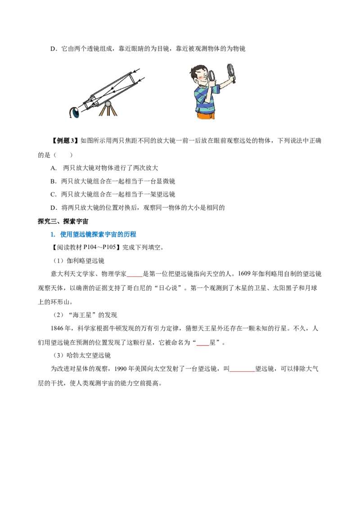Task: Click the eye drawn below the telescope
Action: pos(75,112)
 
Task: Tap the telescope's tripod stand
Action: pos(108,109)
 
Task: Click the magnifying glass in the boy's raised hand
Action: pos(231,73)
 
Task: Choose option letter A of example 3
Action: pos(54,168)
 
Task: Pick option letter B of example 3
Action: pos(53,181)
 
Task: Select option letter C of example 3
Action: pos(53,194)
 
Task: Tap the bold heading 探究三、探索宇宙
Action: pos(63,221)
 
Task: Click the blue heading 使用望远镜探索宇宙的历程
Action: pos(98,234)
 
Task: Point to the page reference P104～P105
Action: pos(99,247)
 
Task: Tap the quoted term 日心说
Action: pos(168,288)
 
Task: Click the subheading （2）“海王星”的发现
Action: pos(85,315)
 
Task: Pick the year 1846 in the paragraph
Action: pos(57,328)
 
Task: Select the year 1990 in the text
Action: pos(120,369)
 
